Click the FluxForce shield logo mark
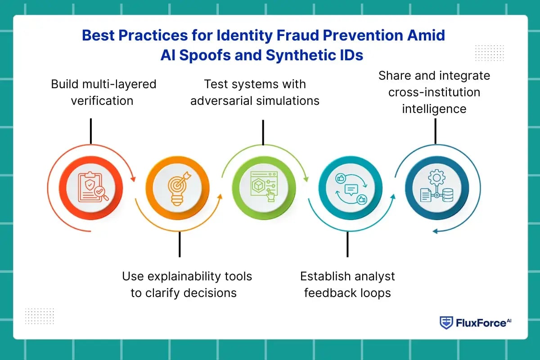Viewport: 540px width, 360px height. (x=446, y=323)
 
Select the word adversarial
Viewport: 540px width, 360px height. (x=221, y=100)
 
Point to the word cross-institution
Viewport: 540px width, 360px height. (x=434, y=92)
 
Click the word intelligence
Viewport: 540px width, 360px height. (x=434, y=108)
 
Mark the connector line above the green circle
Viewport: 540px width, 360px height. (x=263, y=132)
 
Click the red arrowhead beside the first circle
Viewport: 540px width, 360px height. (x=133, y=179)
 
